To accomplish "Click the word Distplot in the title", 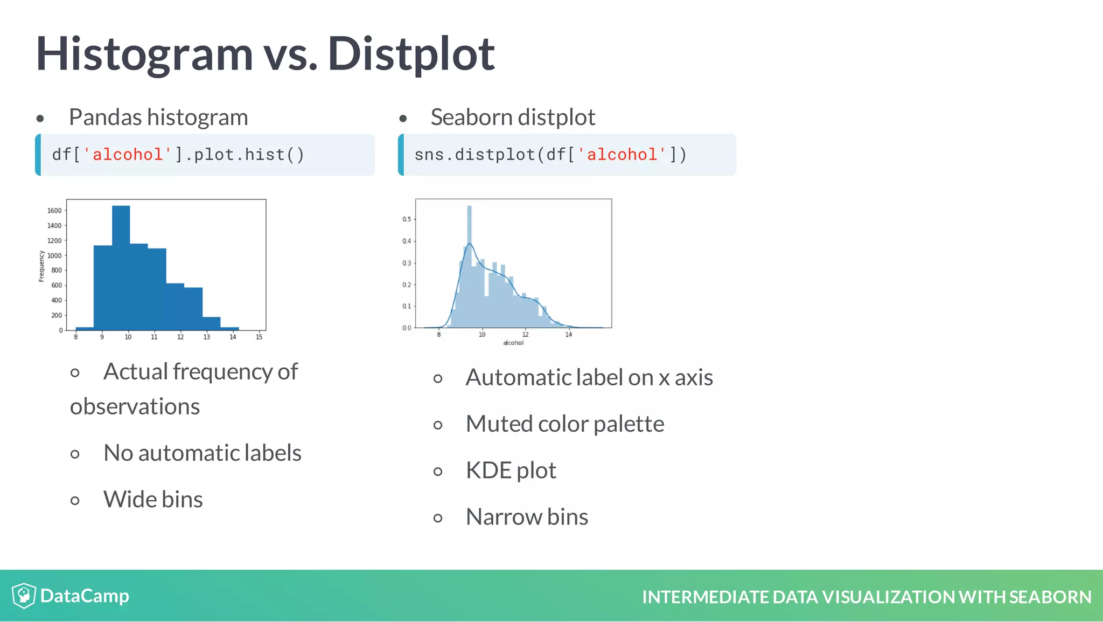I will [x=411, y=54].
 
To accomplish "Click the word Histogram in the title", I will [x=144, y=54].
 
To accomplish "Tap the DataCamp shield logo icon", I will [x=24, y=596].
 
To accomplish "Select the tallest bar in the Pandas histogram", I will [x=121, y=267].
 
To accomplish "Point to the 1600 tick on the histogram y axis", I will [x=54, y=211].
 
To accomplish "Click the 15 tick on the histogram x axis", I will [x=259, y=337].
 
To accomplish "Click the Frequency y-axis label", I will [x=41, y=266].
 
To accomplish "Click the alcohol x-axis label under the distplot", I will [x=513, y=343].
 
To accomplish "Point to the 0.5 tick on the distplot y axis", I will [x=407, y=219].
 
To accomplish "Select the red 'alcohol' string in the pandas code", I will [x=128, y=155].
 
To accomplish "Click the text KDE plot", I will [x=511, y=470].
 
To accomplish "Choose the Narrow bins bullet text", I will [x=526, y=516].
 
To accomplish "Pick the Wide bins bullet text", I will [x=153, y=499].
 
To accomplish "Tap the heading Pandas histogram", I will [x=158, y=117].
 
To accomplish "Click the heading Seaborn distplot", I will [x=513, y=117].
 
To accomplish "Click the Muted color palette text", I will [x=564, y=424].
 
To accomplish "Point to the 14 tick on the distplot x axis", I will [x=569, y=335].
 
